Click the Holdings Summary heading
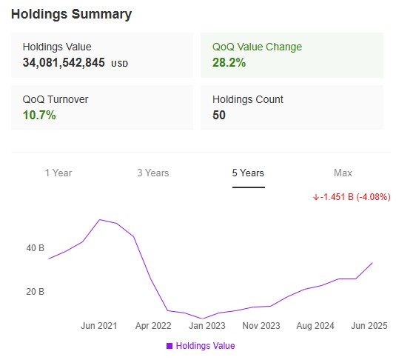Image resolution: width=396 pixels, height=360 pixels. [72, 14]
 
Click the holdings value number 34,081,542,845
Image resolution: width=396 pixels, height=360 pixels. [64, 63]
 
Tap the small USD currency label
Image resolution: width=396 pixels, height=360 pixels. [120, 64]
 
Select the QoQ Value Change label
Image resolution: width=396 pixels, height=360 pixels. [257, 47]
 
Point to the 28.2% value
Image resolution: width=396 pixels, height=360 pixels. [229, 63]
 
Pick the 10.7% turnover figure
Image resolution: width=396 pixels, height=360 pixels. [39, 116]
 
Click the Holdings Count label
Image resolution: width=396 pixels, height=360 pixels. [248, 99]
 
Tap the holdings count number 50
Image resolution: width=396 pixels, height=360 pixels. [219, 116]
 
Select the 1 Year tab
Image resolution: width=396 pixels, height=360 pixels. [58, 173]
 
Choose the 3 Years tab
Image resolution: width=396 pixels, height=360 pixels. [153, 173]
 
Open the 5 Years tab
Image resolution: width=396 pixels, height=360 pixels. [248, 173]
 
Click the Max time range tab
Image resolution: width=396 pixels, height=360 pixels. [343, 173]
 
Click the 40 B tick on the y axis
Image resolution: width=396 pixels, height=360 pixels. [36, 248]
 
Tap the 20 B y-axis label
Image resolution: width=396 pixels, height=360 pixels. [36, 292]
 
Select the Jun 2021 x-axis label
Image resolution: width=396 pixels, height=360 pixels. [99, 326]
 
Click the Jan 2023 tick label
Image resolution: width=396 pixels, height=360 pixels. [207, 326]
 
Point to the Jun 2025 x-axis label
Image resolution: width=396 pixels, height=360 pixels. [369, 326]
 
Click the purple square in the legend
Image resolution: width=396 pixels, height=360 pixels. [170, 346]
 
